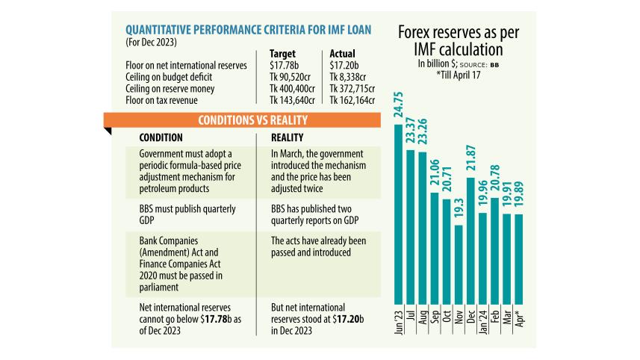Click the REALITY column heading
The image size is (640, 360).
(288, 138)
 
